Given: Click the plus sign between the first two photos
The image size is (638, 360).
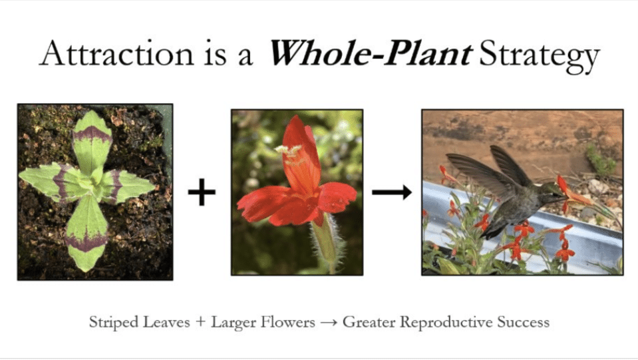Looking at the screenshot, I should pyautogui.click(x=202, y=193).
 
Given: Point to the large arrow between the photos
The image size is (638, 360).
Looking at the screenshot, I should pyautogui.click(x=392, y=193).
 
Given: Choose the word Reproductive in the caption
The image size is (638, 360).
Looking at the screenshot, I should pyautogui.click(x=448, y=323).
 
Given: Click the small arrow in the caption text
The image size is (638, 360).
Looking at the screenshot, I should pyautogui.click(x=329, y=323).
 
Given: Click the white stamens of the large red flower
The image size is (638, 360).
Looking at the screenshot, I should pyautogui.click(x=289, y=151).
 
